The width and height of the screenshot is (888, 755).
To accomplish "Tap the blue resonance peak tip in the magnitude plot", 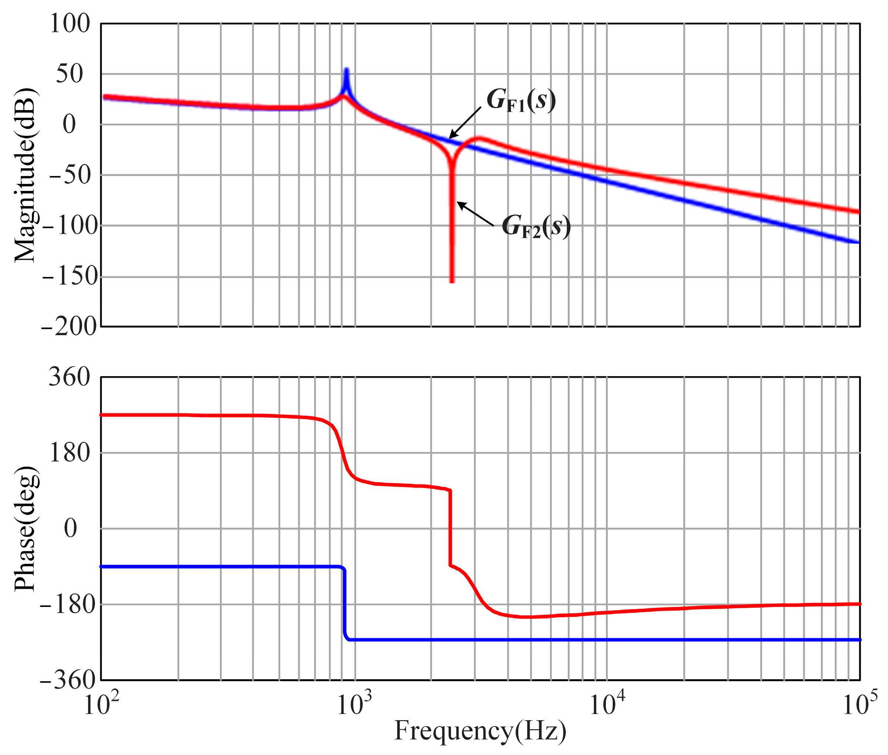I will pyautogui.click(x=346, y=70).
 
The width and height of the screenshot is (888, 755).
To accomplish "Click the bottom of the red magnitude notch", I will pyautogui.click(x=452, y=280).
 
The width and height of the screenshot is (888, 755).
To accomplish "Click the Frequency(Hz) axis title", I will pyautogui.click(x=480, y=731).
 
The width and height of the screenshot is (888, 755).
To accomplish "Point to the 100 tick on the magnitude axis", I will pyautogui.click(x=70, y=23).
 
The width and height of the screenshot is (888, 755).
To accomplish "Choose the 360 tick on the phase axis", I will pyautogui.click(x=69, y=377).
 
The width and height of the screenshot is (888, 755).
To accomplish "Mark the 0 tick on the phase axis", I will pyautogui.click(x=71, y=528).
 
